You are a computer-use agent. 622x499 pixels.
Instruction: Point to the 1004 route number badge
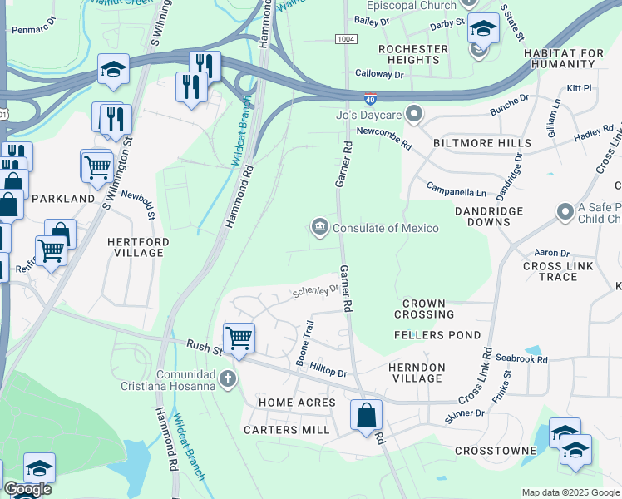pos(346,39)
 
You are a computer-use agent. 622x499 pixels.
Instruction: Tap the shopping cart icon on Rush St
pos(239,338)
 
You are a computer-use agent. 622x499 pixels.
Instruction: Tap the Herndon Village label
pos(417,373)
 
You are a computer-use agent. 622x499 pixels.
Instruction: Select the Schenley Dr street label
pos(315,291)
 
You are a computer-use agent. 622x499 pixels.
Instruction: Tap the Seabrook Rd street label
pos(521,359)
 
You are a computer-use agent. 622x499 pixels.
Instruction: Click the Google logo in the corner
pos(27,489)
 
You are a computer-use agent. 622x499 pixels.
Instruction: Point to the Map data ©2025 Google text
pos(570,492)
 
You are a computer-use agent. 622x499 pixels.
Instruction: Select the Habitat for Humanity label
pos(564,58)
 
